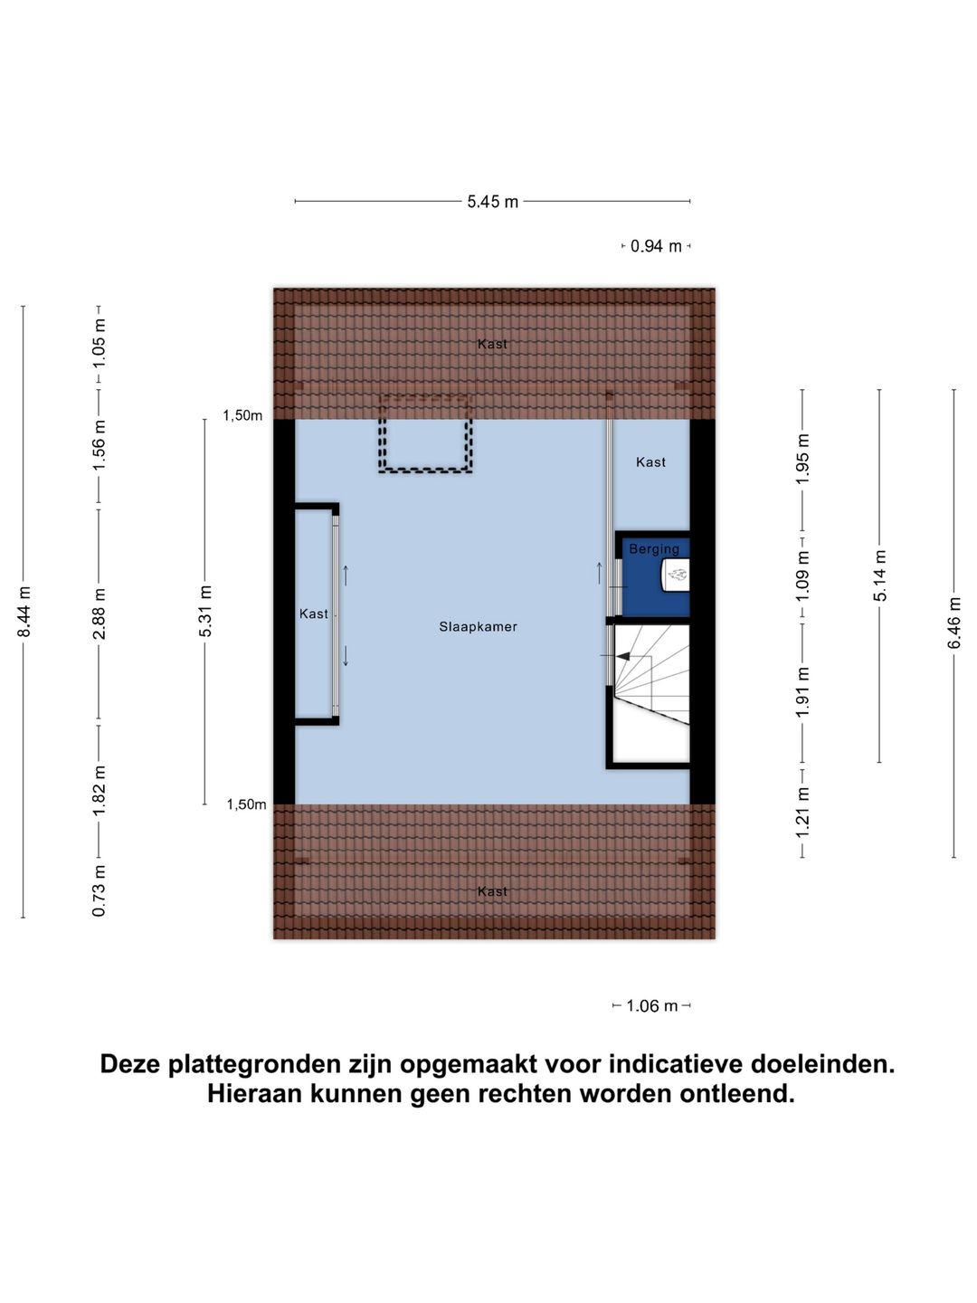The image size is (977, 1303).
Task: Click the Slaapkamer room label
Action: tap(478, 626)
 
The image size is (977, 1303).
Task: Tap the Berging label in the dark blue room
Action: tap(653, 548)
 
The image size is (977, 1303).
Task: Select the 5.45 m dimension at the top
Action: tap(492, 202)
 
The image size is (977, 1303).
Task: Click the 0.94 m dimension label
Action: tap(656, 246)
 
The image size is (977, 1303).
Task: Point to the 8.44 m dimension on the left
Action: tap(24, 612)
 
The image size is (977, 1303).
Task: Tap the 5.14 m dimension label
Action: tap(879, 575)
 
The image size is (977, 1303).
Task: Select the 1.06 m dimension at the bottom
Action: tap(651, 1005)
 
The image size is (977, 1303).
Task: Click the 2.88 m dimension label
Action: tap(100, 613)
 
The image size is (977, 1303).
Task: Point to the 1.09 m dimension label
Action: tap(802, 575)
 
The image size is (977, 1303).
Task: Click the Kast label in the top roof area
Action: tap(492, 344)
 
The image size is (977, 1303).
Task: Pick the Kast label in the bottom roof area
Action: tap(492, 891)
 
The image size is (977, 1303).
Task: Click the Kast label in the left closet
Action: tap(313, 613)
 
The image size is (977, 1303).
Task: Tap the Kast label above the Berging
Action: tap(650, 461)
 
